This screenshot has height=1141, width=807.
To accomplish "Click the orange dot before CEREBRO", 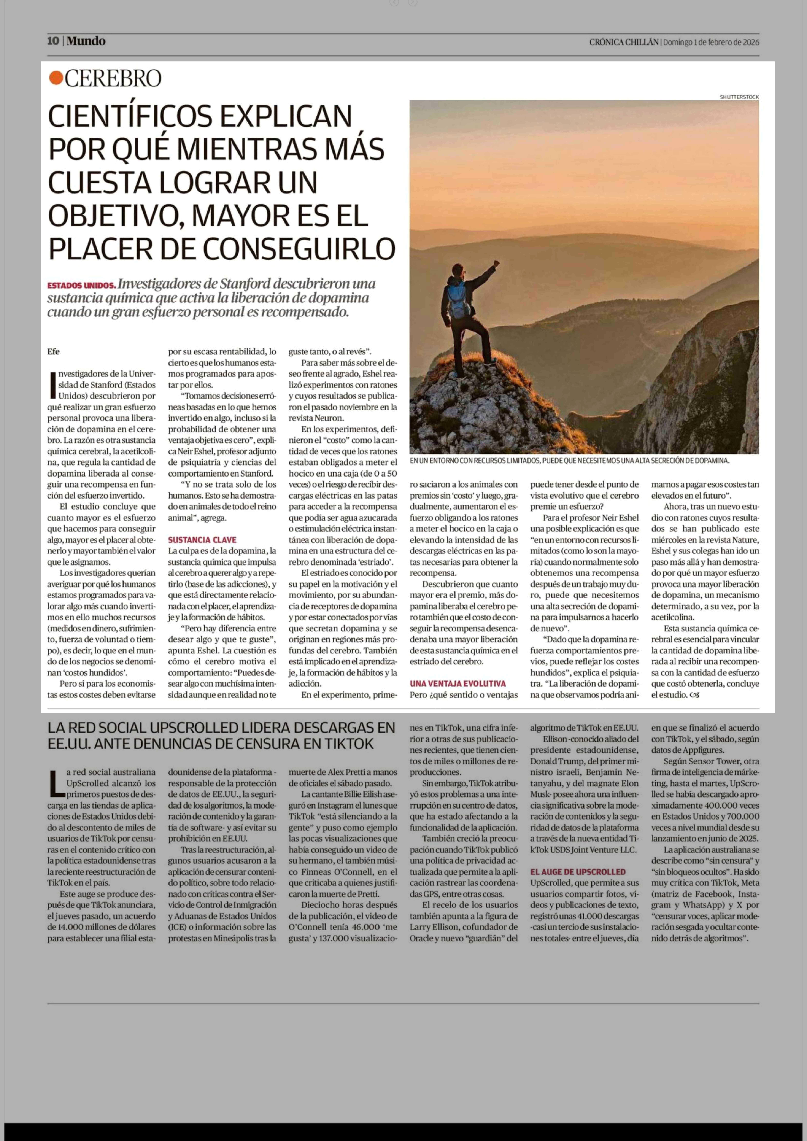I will click(x=56, y=78).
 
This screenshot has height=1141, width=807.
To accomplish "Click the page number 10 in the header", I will click(x=53, y=41).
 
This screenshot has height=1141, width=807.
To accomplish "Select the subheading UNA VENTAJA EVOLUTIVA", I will click(x=458, y=683).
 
